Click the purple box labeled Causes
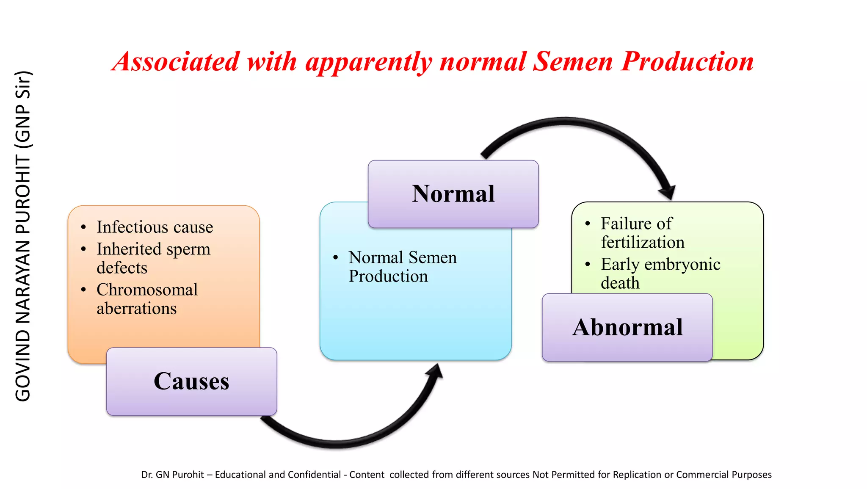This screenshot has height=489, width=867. (191, 381)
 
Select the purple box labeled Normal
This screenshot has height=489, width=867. (453, 194)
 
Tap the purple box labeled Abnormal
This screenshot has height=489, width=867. (627, 327)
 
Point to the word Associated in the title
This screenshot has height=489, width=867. (177, 61)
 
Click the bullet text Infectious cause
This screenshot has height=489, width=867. (155, 227)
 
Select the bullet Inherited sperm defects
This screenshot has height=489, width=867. (153, 258)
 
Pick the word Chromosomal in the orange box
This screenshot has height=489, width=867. (147, 290)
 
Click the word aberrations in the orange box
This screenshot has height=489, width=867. (136, 309)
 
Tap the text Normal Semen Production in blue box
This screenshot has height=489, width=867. (402, 267)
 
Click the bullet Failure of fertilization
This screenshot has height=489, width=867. (642, 233)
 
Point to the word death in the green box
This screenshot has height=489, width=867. (620, 283)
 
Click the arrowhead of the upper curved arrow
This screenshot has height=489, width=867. (668, 193)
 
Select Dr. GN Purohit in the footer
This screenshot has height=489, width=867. (173, 475)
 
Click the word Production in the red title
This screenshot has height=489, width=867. (687, 61)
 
